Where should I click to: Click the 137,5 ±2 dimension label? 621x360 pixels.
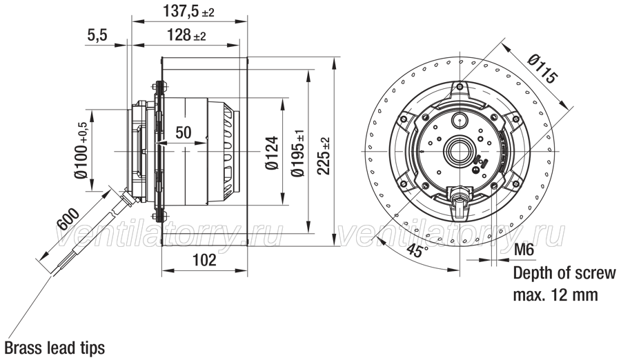coord(188,11)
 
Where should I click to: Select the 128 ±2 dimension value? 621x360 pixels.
coord(186,35)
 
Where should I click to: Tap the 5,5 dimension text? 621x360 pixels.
coord(97,35)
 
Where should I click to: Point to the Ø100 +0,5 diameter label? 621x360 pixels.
coord(82,150)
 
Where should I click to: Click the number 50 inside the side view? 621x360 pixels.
coord(184,132)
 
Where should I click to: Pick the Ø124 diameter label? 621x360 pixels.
coord(272,153)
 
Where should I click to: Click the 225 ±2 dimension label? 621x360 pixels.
coord(324,156)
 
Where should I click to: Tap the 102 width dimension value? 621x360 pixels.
coord(204,260)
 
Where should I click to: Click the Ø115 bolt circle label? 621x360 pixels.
coord(542,69)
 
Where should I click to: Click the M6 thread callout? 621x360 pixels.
coord(524,250)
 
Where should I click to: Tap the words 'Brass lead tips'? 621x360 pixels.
coord(55,348)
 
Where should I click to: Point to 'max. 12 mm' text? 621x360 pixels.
coord(555,294)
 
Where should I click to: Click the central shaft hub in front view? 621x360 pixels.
coord(460,151)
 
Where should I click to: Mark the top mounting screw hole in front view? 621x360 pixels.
coord(460,87)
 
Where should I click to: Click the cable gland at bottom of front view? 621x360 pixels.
coord(459,199)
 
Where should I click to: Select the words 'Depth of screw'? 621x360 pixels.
coord(564,273)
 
